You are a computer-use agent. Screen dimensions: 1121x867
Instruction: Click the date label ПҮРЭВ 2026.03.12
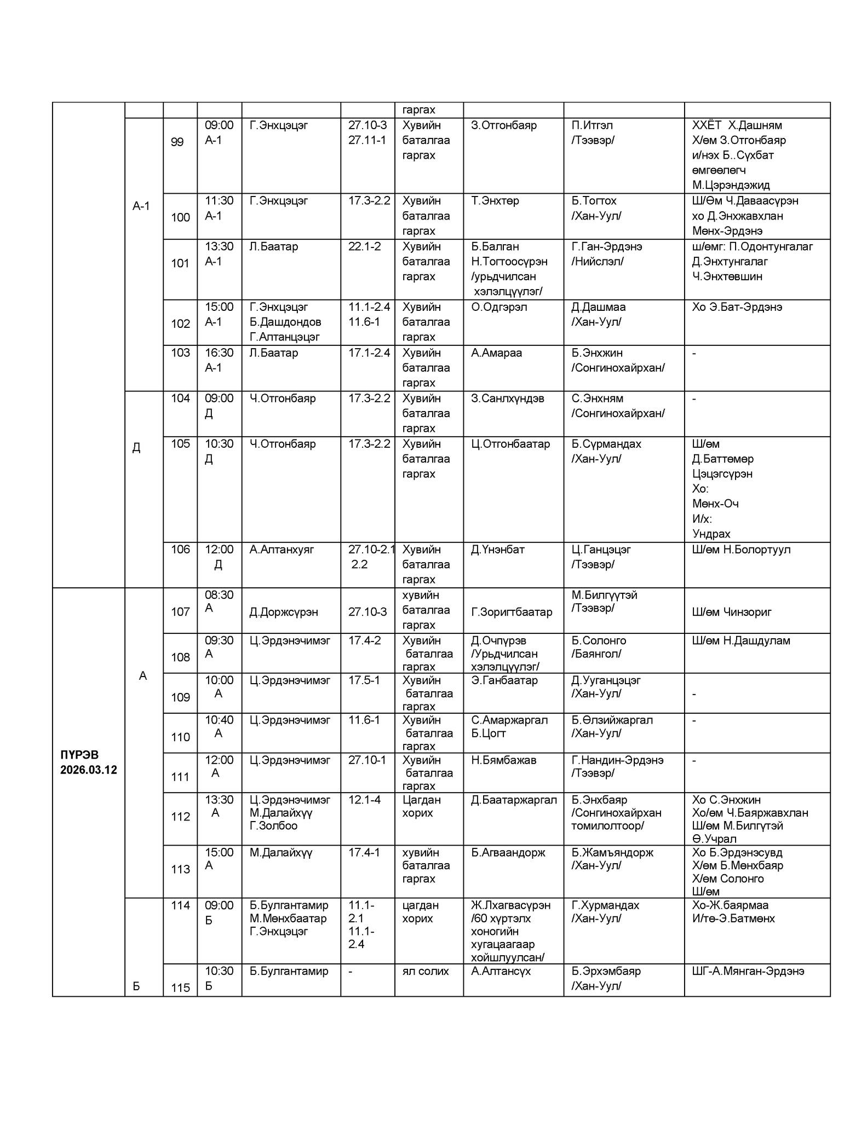point(89,762)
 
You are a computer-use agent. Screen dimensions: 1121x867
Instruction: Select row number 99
point(177,142)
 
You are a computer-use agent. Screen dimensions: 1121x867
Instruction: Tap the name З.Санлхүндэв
point(507,398)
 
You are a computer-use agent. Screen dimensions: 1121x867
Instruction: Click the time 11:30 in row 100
point(219,201)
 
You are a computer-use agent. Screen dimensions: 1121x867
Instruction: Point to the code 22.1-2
point(364,247)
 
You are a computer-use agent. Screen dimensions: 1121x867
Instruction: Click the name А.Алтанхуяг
point(282,550)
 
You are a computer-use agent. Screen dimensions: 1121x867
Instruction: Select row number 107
point(180,612)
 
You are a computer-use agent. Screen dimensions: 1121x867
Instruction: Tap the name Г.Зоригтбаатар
point(512,612)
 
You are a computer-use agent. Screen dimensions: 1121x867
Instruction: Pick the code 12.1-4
point(364,800)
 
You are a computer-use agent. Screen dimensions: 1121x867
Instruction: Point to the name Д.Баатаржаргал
point(514,800)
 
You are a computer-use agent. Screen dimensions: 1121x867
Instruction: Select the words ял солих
point(426,971)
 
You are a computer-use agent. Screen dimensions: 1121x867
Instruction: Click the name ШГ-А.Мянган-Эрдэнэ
point(748,971)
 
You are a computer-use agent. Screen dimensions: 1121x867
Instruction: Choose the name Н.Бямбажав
point(503,760)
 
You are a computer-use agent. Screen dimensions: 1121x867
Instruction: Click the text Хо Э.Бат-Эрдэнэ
point(737,307)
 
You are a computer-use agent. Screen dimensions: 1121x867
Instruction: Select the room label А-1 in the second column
point(141,206)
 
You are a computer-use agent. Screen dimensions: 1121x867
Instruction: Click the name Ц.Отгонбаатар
point(510,444)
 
